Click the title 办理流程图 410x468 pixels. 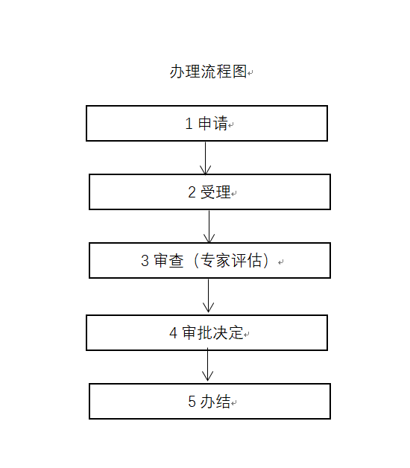[x=208, y=72]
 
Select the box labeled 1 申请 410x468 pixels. [x=206, y=123]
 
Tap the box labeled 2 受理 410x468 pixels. [x=209, y=192]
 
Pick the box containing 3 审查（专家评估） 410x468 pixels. [x=209, y=261]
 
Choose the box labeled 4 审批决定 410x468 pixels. [x=206, y=333]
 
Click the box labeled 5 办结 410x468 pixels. [x=209, y=402]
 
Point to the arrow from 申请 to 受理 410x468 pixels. [x=206, y=158]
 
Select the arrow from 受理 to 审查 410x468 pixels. [x=209, y=227]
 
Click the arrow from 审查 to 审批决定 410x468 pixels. [x=209, y=296]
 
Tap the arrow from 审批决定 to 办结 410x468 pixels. [x=207, y=366]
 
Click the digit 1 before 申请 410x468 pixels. [x=189, y=124]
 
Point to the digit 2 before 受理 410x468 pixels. [x=192, y=192]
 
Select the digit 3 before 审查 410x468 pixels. [x=145, y=261]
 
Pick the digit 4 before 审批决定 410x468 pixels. [x=173, y=333]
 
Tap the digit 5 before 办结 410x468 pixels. [x=192, y=402]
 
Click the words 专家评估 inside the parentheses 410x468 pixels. [x=230, y=261]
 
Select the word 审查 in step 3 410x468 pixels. [x=168, y=261]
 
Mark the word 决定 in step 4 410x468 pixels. [x=228, y=333]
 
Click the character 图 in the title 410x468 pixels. [x=239, y=72]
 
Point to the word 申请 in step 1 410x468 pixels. [x=213, y=123]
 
